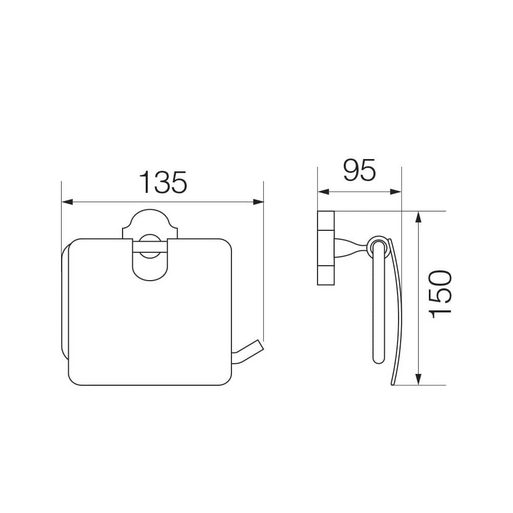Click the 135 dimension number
coord(163,182)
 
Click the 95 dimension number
coord(359,170)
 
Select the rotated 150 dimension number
coord(440,294)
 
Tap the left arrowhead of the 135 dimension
coord(67,202)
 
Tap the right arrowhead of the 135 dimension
coord(258,202)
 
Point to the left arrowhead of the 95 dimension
coord(323,192)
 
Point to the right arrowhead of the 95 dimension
coord(396,192)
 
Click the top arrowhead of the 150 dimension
coord(418,217)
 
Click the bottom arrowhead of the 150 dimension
coord(418,379)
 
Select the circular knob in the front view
coord(150,246)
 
